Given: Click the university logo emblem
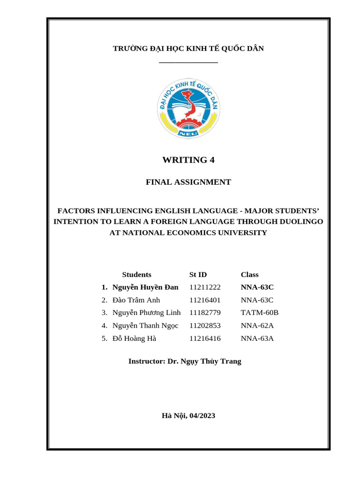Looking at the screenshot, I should click(x=188, y=109).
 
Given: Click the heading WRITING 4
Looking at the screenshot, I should click(x=188, y=160).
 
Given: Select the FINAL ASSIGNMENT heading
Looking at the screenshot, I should click(x=188, y=182).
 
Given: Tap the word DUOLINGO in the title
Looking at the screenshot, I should click(x=300, y=221).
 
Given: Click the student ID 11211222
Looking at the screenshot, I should click(x=205, y=287).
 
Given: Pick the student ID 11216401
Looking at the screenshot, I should click(x=205, y=300).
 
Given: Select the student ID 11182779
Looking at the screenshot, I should click(x=205, y=312).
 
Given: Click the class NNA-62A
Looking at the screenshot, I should click(x=257, y=325).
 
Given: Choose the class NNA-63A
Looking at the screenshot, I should click(x=257, y=338).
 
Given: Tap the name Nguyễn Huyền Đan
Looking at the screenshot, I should click(x=145, y=287).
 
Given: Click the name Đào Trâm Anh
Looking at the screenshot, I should click(x=136, y=300).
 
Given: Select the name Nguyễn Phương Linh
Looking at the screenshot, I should click(x=146, y=312).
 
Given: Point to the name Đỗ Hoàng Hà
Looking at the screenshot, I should click(x=134, y=338).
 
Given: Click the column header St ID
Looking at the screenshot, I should click(x=198, y=275).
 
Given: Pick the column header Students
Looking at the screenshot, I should click(x=136, y=275).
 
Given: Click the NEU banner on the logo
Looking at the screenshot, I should click(x=188, y=133).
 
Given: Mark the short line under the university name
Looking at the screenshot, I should click(x=188, y=62).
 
